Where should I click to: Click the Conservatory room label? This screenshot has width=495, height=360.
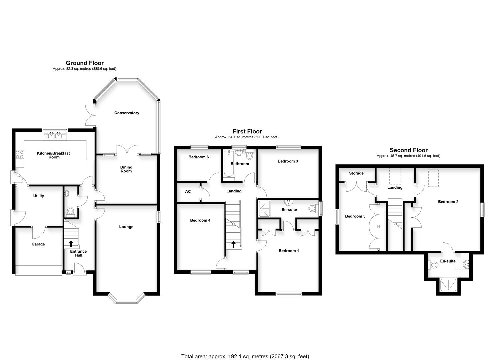[x=127, y=113]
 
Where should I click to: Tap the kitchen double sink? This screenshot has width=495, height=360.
[x=55, y=136]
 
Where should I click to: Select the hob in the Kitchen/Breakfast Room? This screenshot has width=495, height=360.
[x=20, y=154]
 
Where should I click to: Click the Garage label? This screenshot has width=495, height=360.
[x=38, y=244]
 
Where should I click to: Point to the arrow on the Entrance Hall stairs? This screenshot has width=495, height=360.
[x=71, y=244]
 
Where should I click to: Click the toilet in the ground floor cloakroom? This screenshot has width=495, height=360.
[x=70, y=211]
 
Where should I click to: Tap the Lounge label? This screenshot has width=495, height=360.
[x=126, y=227]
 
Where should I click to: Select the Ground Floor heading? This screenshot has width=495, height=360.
[x=85, y=63]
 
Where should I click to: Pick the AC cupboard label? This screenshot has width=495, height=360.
[x=188, y=192]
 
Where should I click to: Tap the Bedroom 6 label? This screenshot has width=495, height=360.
[x=199, y=157]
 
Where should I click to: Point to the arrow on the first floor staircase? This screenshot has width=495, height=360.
[x=233, y=244]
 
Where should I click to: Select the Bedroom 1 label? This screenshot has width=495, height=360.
[x=289, y=251]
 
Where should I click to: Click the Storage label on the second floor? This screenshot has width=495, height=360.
[x=356, y=173]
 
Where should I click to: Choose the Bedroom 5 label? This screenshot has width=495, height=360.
[x=355, y=216]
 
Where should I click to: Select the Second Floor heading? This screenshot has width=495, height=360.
[x=408, y=150]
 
